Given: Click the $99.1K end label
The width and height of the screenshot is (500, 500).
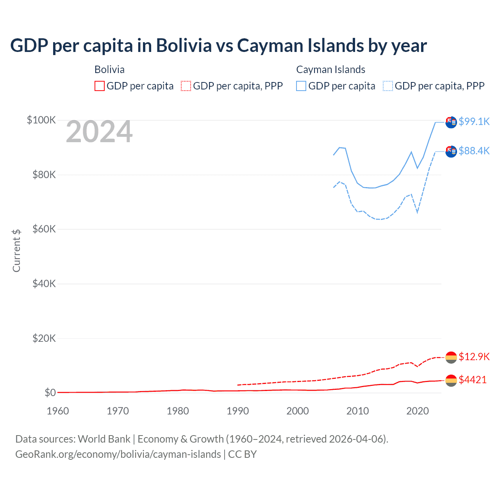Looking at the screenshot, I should (x=474, y=121).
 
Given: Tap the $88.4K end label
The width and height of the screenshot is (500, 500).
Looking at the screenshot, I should (x=474, y=151).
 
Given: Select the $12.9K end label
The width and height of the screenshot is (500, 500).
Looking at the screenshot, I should (x=474, y=357).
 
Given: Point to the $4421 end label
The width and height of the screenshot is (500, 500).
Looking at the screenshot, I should (x=473, y=380).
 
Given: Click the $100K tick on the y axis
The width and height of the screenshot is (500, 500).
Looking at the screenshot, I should (x=41, y=120).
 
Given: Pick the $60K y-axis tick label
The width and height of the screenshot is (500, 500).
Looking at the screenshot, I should (x=44, y=229).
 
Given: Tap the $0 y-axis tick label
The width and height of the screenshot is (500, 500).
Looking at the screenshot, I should (x=50, y=393).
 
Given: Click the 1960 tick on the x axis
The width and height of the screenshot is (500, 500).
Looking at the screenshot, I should (x=58, y=411).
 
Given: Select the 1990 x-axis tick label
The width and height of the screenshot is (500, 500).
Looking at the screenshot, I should (x=237, y=411).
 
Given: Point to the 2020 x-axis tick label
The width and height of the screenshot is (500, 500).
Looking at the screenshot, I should (x=418, y=411).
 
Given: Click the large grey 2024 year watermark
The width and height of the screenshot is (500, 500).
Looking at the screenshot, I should (x=99, y=132).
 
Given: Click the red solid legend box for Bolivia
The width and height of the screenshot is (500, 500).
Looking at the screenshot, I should (x=100, y=86).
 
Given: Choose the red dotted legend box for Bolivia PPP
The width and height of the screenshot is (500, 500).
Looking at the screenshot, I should (x=186, y=86).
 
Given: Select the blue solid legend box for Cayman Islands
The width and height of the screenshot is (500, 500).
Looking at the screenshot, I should (x=301, y=86).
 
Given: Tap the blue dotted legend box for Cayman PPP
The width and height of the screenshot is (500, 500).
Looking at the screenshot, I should (x=388, y=86).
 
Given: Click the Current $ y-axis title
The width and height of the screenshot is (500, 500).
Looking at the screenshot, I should (x=16, y=250).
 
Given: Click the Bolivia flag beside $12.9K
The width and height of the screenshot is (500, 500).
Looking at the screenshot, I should (x=451, y=357).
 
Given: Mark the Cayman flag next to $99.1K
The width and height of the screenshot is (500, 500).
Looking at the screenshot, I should (x=451, y=122).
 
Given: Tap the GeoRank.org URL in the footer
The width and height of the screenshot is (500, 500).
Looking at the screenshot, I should (x=118, y=454).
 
